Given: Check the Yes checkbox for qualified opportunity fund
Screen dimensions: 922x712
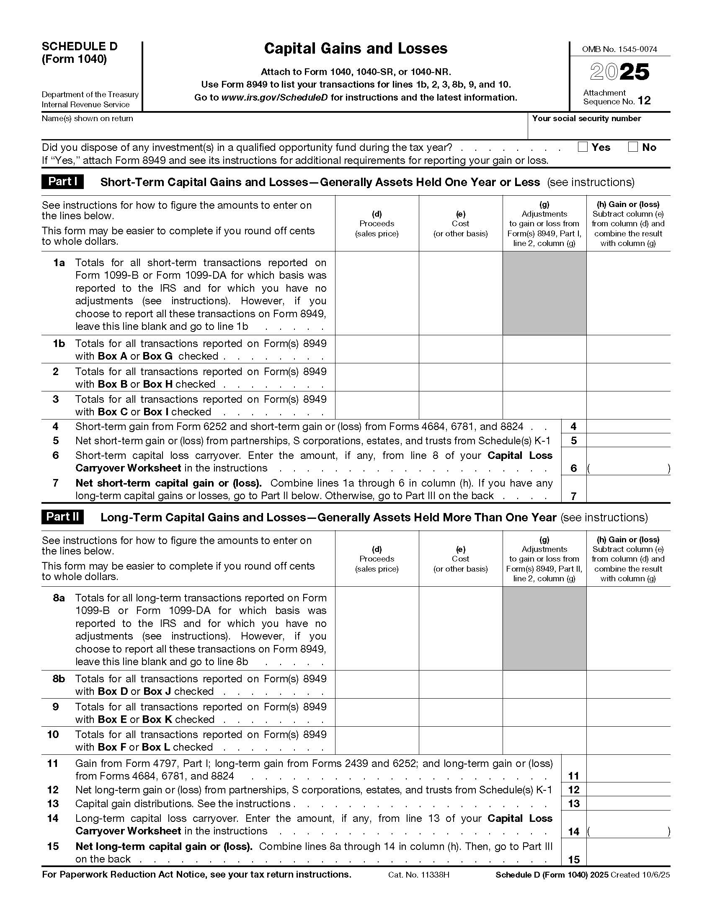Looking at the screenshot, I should tap(583, 147).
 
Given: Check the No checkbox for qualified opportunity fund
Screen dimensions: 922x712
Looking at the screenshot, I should tap(633, 147).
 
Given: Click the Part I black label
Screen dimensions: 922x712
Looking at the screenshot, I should tap(62, 181).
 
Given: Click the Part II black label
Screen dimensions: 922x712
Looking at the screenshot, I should tap(62, 517).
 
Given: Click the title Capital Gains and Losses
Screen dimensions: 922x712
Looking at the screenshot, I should tap(356, 49).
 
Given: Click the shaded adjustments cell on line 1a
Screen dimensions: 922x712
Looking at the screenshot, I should tap(544, 293).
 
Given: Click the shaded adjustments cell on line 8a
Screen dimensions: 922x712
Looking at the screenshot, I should tap(544, 628).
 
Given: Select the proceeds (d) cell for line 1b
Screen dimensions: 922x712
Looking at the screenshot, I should tap(377, 349).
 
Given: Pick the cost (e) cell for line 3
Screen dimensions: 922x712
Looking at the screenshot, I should tap(461, 405).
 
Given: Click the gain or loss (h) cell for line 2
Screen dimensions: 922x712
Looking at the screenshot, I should tap(628, 377).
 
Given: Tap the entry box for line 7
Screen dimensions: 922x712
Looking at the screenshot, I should tap(628, 489).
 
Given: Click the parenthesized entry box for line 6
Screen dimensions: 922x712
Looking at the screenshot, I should tap(628, 468).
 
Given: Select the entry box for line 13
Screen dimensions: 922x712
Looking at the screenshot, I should tap(628, 803).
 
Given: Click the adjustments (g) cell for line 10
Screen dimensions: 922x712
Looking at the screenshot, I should tap(544, 741).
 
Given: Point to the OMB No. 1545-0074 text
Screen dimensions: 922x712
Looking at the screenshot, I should tap(619, 49).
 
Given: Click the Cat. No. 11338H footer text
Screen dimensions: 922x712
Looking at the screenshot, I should tap(418, 875).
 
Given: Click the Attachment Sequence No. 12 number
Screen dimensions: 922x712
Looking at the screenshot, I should tap(644, 101).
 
